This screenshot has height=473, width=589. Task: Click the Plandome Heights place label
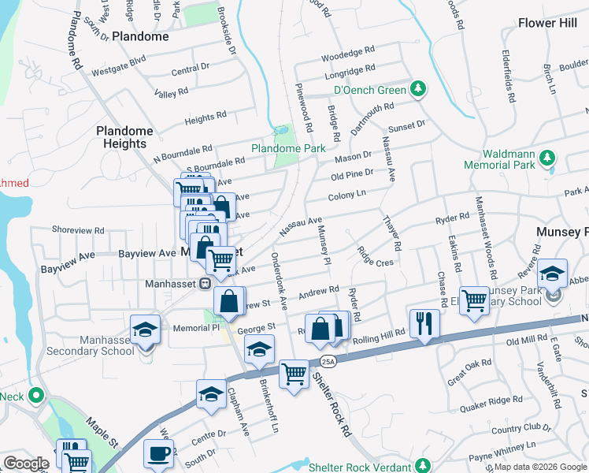pyautogui.click(x=121, y=137)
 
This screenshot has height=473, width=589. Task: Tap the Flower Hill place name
pyautogui.click(x=548, y=23)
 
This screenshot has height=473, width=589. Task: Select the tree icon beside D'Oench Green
pyautogui.click(x=420, y=89)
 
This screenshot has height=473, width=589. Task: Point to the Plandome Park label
pyautogui.click(x=287, y=147)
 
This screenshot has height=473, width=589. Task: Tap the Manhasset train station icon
pyautogui.click(x=204, y=283)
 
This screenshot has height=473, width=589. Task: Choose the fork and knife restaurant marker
pyautogui.click(x=424, y=322)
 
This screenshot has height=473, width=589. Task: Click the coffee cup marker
pyautogui.click(x=158, y=455)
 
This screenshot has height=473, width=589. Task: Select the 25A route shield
pyautogui.click(x=328, y=360)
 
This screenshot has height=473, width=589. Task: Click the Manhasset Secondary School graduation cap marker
pyautogui.click(x=145, y=330)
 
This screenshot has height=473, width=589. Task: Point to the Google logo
pyautogui.click(x=26, y=464)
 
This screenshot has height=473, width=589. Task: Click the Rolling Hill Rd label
pyautogui.click(x=377, y=334)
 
